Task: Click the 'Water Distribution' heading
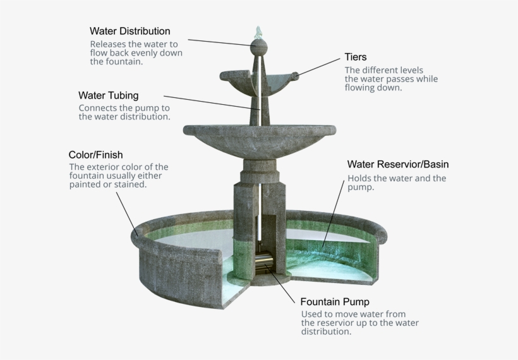pyautogui.click(x=130, y=31)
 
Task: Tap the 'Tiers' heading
pyautogui.click(x=356, y=57)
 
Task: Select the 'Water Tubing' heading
pyautogui.click(x=109, y=95)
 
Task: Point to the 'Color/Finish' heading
pyautogui.click(x=96, y=155)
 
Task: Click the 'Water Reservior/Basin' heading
pyautogui.click(x=398, y=164)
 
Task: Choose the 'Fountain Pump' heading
pyautogui.click(x=335, y=301)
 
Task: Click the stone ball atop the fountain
pyautogui.click(x=258, y=47)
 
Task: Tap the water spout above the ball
pyautogui.click(x=258, y=33)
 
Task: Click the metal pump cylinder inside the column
pyautogui.click(x=264, y=260)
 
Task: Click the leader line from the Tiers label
pyautogui.click(x=318, y=68)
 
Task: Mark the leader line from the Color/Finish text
pyautogui.click(x=127, y=214)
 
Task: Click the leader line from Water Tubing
pyautogui.click(x=212, y=103)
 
